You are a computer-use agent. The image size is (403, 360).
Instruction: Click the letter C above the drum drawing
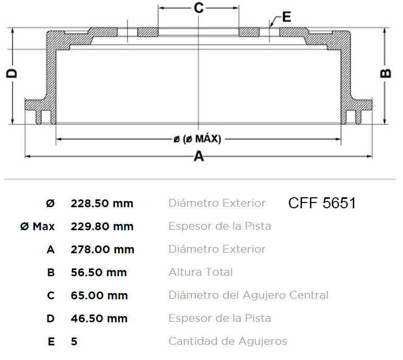pos(199,8)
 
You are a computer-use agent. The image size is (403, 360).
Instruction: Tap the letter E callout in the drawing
pos(286,17)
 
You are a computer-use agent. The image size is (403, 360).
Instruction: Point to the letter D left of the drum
pos(11,73)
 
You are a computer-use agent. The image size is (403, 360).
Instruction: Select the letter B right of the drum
pos(385,73)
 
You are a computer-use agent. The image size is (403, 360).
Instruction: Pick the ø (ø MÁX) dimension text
pos(197,139)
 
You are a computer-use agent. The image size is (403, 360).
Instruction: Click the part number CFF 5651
pos(321,203)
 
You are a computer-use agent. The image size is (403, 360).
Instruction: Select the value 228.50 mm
pos(102,204)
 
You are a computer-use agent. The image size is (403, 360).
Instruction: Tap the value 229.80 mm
pos(102,227)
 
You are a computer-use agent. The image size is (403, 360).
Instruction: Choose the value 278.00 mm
pos(102,250)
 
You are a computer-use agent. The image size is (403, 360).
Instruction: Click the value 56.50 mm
pos(99,273)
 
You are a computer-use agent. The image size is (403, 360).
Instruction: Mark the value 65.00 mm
pos(99,296)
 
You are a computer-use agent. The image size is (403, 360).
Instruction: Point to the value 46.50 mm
pos(99,319)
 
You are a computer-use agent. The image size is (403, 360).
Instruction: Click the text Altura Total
pos(201,272)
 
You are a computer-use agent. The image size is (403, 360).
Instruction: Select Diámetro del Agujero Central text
pos(248,295)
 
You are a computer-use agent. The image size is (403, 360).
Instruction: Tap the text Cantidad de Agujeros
pos(227,341)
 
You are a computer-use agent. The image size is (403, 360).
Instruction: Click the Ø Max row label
pos(37,227)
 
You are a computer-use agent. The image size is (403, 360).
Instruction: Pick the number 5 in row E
pos(74,342)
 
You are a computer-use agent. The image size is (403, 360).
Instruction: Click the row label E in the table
pos(51,342)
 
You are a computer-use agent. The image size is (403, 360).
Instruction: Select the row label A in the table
pos(51,250)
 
